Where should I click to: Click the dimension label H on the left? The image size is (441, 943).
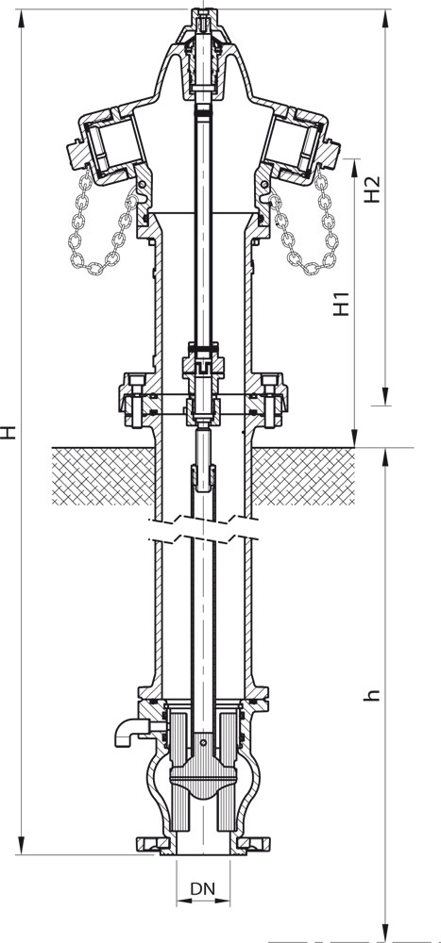(x=8, y=432)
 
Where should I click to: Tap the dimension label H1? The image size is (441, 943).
(x=342, y=304)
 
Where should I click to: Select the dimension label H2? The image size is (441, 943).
(x=373, y=189)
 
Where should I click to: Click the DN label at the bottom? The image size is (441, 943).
(x=203, y=889)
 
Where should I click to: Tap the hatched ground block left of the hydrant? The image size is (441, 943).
(x=103, y=476)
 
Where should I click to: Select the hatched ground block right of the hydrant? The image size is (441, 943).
(x=303, y=476)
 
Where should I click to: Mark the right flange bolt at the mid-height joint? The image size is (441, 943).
(x=272, y=399)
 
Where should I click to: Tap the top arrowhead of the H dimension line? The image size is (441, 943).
(x=22, y=19)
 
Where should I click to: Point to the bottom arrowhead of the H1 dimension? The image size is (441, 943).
(x=355, y=438)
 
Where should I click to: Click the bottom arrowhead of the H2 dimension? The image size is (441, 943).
(x=385, y=396)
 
